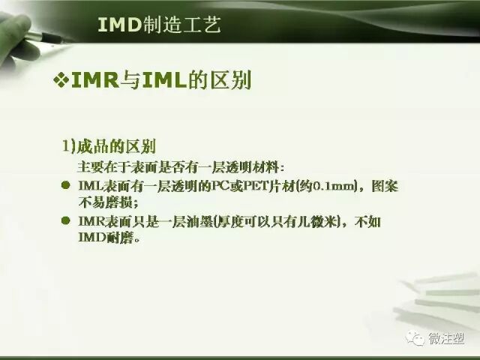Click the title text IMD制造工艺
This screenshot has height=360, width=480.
click(159, 25)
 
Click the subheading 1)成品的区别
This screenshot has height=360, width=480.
click(108, 144)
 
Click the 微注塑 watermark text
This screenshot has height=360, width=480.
click(446, 339)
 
